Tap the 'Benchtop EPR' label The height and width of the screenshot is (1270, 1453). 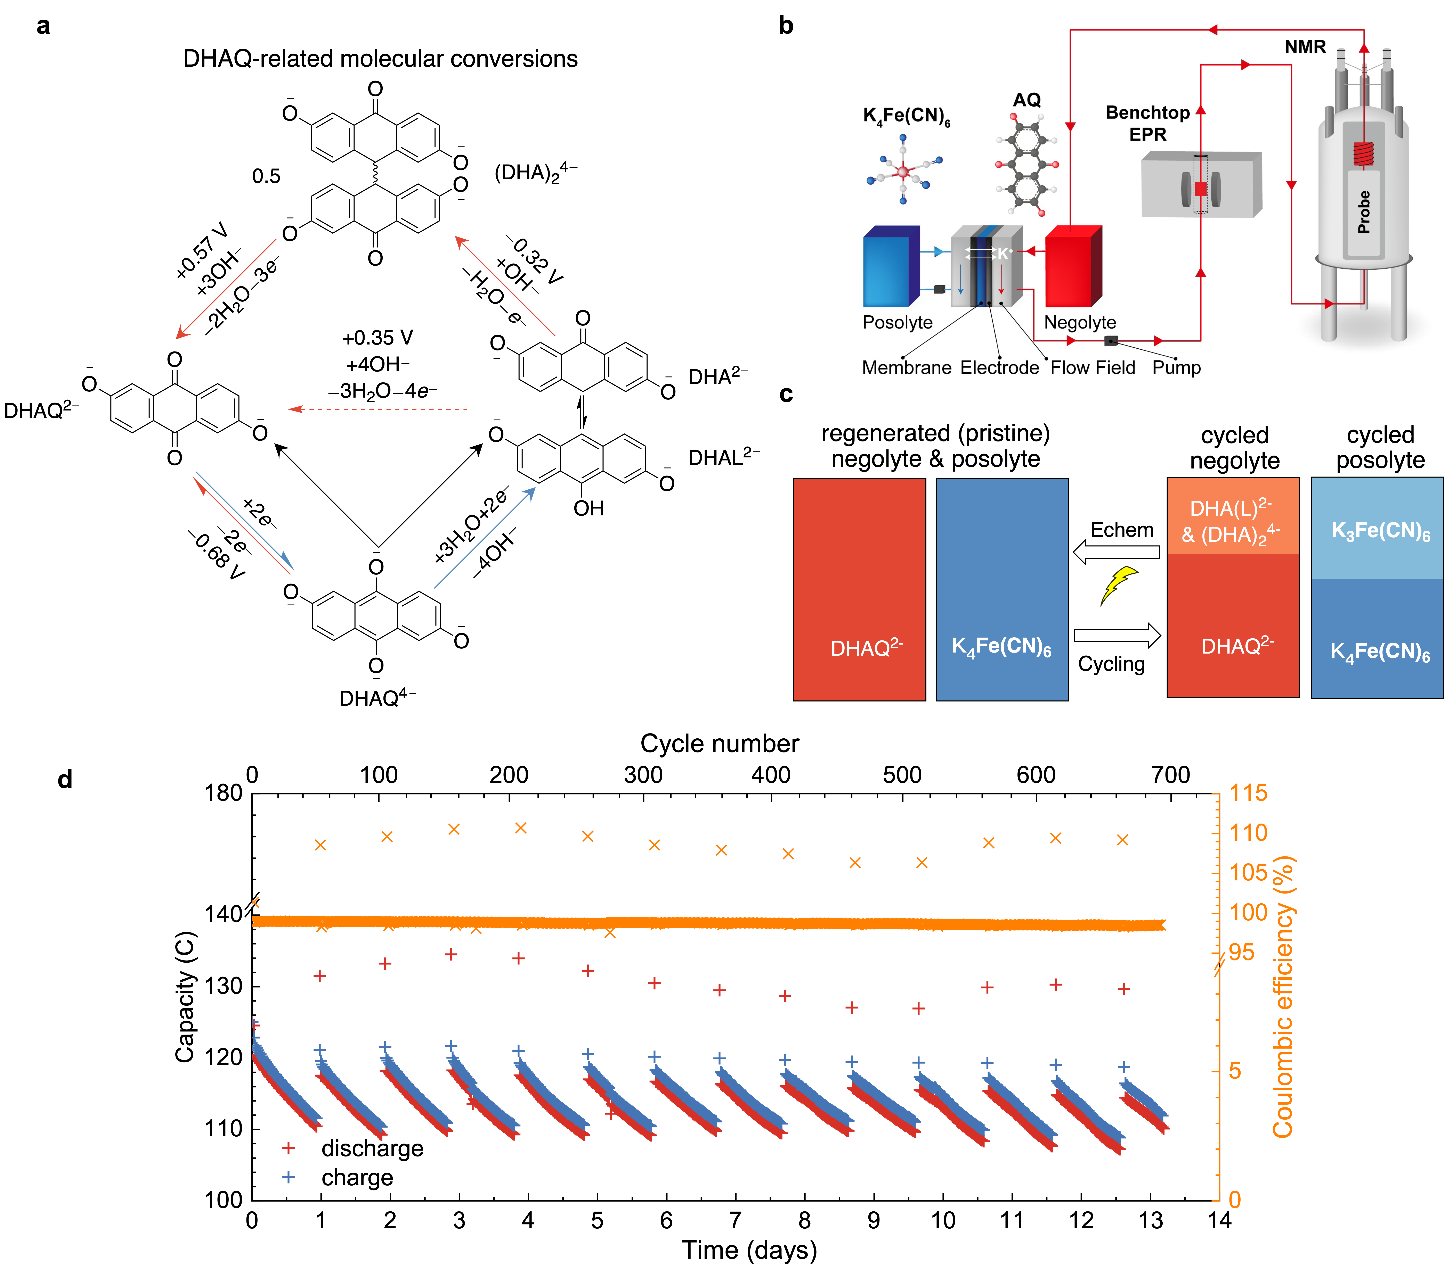click(1147, 123)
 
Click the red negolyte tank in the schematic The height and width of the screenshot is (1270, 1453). click(1072, 267)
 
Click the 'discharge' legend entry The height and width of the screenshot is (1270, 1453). click(372, 1148)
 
